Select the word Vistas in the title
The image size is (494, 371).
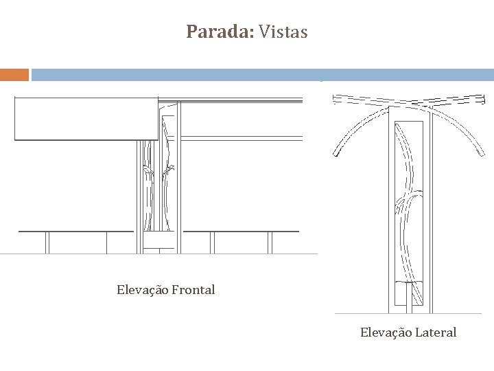coord(283,32)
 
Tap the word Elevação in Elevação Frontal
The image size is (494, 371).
coord(143,290)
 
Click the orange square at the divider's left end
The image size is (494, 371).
coord(14,74)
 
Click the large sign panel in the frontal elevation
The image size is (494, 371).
coord(86,119)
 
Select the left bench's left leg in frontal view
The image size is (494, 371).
coord(47,243)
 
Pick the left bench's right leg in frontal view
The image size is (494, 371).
coord(106,243)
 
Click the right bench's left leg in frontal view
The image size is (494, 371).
coord(212,243)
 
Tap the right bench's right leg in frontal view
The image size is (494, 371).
coord(270,243)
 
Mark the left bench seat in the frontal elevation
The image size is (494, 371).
coord(75,232)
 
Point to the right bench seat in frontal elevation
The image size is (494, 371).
coord(241,232)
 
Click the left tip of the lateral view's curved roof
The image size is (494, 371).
coord(336,154)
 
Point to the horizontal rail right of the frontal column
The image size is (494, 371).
coord(240,138)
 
